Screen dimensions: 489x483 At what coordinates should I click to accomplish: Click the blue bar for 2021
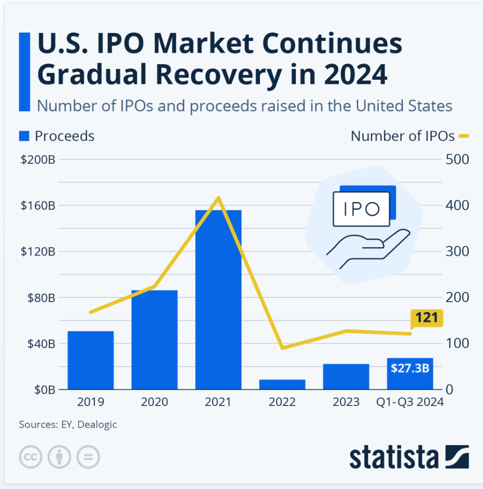(x=218, y=299)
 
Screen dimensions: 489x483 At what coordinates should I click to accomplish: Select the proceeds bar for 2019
(x=91, y=360)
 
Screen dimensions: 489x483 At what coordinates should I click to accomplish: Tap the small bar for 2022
(x=282, y=384)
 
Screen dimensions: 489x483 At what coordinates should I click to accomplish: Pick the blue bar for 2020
(x=155, y=340)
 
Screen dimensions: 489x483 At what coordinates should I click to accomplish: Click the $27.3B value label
(x=409, y=368)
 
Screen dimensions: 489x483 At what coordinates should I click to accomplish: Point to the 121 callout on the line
(x=427, y=318)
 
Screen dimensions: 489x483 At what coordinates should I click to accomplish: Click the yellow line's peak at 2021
(x=219, y=197)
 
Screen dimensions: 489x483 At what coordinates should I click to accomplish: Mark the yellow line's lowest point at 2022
(x=282, y=348)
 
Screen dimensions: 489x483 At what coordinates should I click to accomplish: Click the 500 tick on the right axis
(x=458, y=159)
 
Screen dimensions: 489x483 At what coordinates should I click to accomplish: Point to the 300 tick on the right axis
(x=458, y=252)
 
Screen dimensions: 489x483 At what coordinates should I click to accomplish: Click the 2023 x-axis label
(x=346, y=402)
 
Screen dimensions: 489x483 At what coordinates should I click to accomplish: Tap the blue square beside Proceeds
(x=25, y=136)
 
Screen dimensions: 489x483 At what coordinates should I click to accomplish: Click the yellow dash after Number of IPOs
(x=464, y=137)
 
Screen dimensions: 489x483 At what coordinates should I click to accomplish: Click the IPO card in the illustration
(x=362, y=209)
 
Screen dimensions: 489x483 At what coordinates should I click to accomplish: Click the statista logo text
(x=394, y=457)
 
